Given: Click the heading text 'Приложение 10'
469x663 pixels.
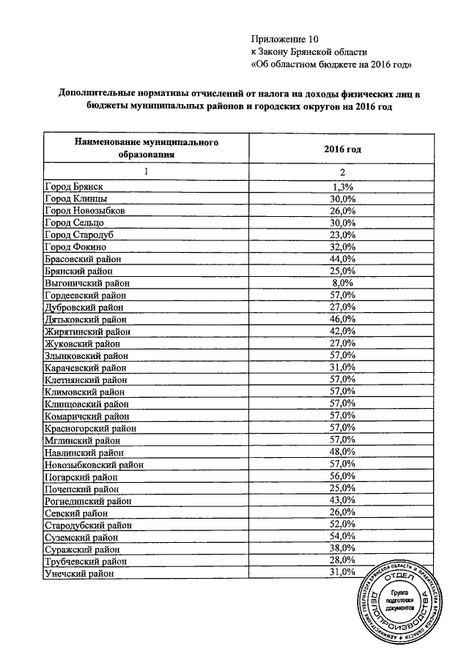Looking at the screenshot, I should tap(284, 37).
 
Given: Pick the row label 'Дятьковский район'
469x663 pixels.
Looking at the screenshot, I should tap(85, 319).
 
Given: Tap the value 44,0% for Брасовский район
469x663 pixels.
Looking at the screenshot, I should tap(343, 259).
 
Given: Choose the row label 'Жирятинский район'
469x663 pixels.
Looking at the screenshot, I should tap(86, 330).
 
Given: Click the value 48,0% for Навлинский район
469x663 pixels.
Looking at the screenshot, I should tap(343, 451).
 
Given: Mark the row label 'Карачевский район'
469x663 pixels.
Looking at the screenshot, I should tap(85, 366).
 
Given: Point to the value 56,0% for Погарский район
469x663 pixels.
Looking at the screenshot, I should tap(343, 475).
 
